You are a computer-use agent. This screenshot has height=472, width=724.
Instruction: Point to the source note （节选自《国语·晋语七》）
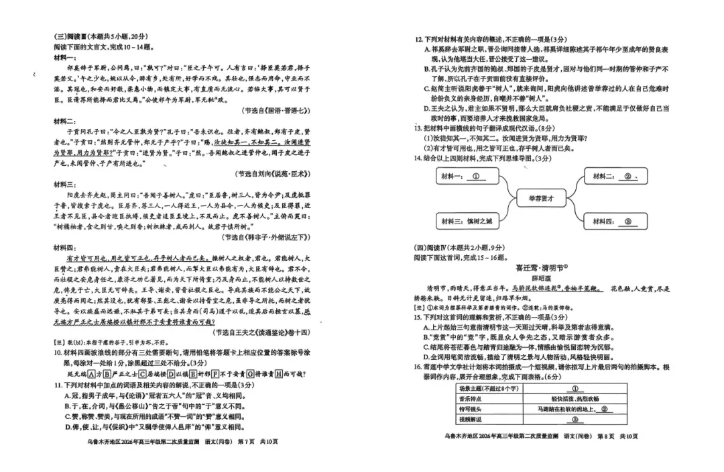pyautogui.click(x=275, y=110)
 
